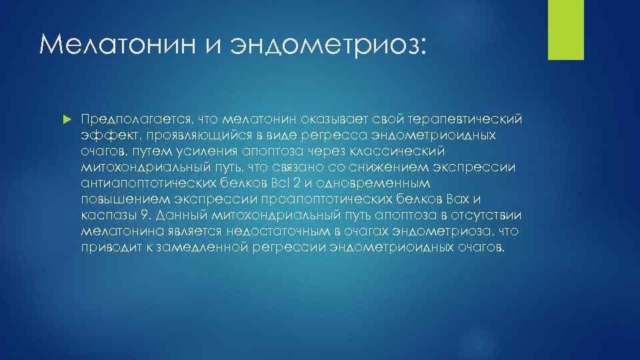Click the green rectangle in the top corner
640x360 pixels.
click(565, 29)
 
